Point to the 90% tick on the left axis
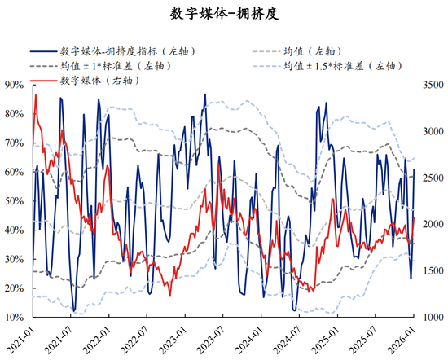pos(14,85)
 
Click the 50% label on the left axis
pos(14,201)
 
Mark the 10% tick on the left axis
pos(14,318)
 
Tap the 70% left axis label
pos(14,143)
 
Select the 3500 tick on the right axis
pos(432,85)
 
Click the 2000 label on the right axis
pos(432,224)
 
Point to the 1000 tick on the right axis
pos(432,318)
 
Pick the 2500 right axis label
pos(432,178)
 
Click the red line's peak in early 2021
pos(36,95)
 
